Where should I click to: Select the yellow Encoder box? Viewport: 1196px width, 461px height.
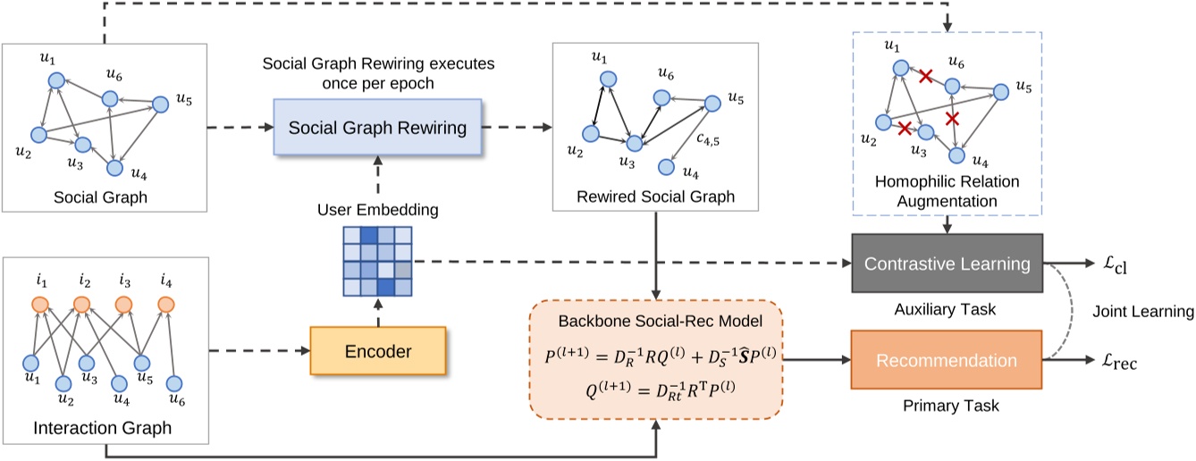(x=377, y=351)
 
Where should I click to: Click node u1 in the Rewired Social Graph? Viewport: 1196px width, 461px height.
(x=607, y=79)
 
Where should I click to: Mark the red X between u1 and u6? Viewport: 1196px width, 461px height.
(x=925, y=79)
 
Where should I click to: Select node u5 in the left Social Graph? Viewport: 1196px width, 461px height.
(x=161, y=105)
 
